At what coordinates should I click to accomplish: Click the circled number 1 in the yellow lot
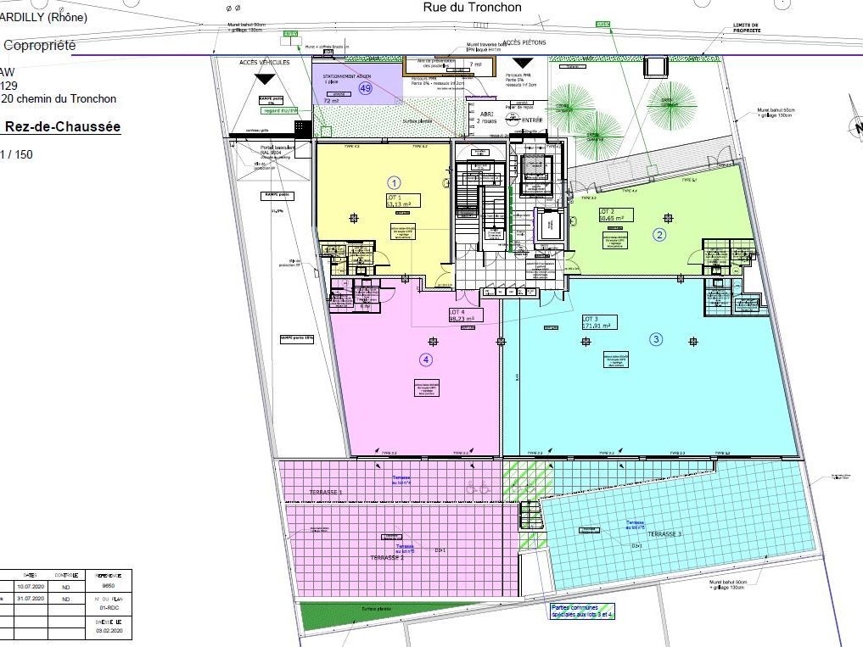click(x=394, y=181)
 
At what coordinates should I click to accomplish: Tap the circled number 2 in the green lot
click(x=658, y=234)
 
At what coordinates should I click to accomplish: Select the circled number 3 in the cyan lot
click(x=656, y=339)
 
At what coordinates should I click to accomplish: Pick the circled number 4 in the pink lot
click(x=426, y=360)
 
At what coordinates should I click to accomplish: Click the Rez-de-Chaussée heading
click(x=63, y=127)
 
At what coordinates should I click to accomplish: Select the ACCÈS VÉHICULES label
click(x=265, y=64)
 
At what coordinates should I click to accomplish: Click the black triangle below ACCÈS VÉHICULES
click(x=265, y=78)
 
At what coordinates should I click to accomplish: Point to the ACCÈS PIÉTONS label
click(x=524, y=42)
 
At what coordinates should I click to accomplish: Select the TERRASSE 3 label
click(x=665, y=534)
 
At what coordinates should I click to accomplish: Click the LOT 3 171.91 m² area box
click(x=598, y=321)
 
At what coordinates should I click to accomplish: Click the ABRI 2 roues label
click(x=486, y=119)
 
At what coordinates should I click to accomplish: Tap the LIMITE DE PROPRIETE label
click(x=746, y=28)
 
